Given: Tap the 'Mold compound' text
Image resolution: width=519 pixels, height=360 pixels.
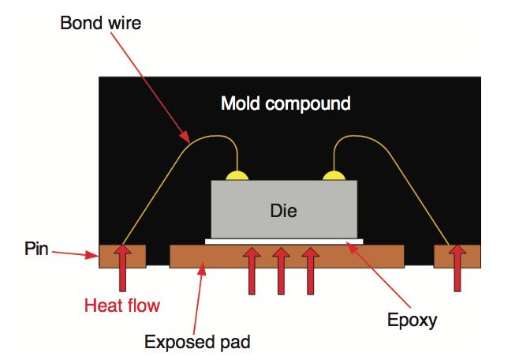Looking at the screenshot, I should [x=286, y=103].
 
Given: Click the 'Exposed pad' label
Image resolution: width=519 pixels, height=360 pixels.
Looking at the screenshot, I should [x=197, y=342].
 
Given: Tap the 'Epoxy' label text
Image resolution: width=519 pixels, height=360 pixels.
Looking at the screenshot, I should [x=411, y=320].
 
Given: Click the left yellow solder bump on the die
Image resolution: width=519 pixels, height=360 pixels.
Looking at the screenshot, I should [x=237, y=174].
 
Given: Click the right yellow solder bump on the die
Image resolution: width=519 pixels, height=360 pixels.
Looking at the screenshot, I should [x=334, y=174].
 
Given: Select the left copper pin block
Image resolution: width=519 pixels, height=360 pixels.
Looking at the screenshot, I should [x=110, y=257].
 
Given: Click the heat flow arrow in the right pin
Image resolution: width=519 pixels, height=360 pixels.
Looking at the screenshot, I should [x=457, y=268].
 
